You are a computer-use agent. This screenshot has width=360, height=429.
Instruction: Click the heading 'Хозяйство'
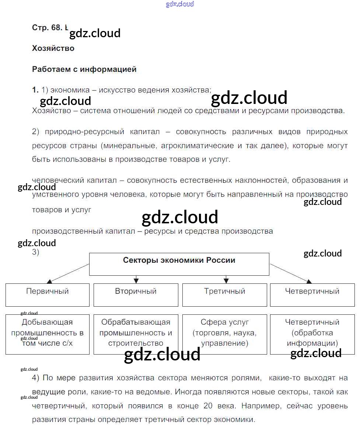pyautogui.click(x=53, y=48)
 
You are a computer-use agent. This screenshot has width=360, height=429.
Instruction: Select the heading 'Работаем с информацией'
pyautogui.click(x=84, y=69)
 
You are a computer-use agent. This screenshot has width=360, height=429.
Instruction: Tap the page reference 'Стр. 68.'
pyautogui.click(x=48, y=28)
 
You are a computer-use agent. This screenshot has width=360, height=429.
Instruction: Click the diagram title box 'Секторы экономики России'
pyautogui.click(x=179, y=264)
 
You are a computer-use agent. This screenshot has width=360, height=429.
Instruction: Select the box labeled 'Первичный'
pyautogui.click(x=48, y=294)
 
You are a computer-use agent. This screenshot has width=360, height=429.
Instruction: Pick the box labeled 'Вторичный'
pyautogui.click(x=136, y=294)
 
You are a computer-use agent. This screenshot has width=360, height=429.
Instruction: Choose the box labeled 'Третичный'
pyautogui.click(x=225, y=294)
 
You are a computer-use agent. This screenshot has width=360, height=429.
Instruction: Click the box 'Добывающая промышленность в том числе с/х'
pyautogui.click(x=48, y=334)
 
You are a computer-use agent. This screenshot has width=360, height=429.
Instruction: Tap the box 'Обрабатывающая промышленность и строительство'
pyautogui.click(x=136, y=334)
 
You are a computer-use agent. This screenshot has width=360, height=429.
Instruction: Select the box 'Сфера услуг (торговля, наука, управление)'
pyautogui.click(x=225, y=334)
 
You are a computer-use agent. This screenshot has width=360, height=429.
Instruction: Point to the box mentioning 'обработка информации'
pyautogui.click(x=312, y=334)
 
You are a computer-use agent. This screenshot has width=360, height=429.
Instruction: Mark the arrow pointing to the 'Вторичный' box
pyautogui.click(x=136, y=279)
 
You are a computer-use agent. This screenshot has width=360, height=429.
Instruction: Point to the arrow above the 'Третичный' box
pyautogui.click(x=225, y=279)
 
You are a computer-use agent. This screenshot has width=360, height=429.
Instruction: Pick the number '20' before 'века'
pyautogui.click(x=207, y=406)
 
